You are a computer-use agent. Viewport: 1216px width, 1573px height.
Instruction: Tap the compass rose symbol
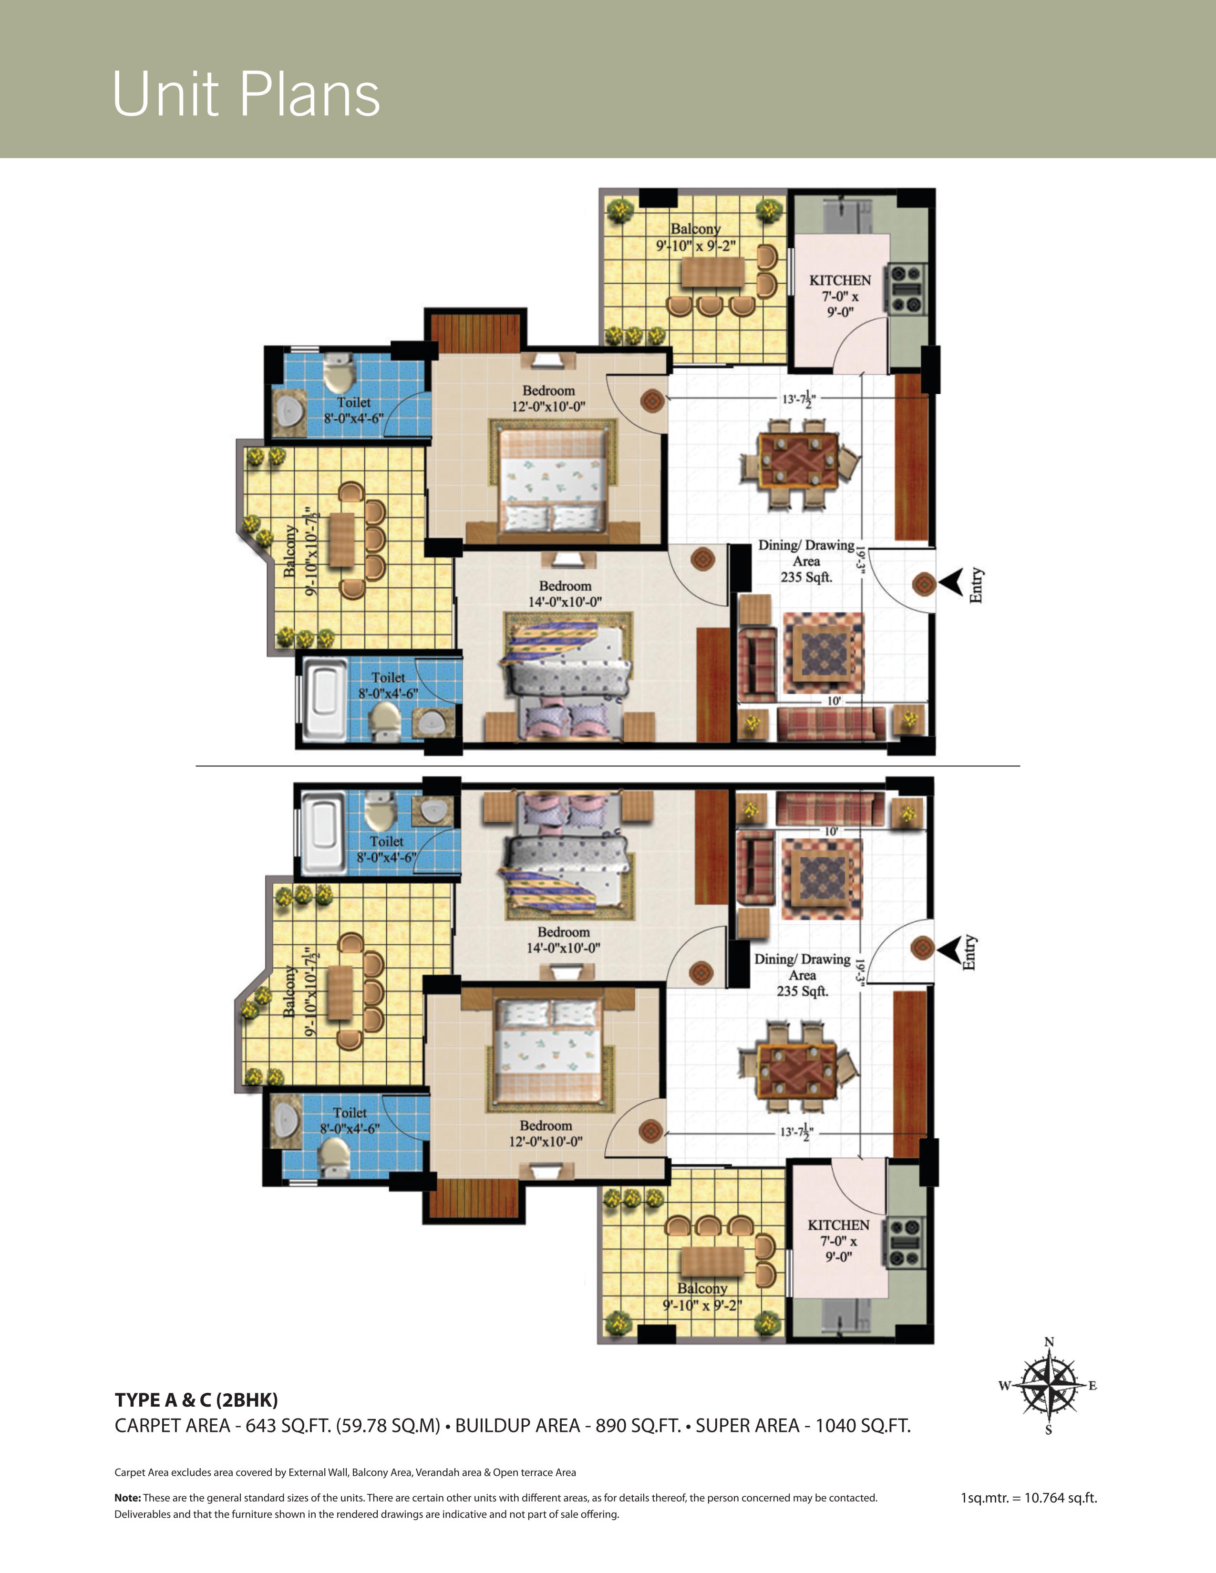(x=1049, y=1385)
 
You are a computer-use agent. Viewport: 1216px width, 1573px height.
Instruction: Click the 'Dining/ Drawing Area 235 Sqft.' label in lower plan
(x=802, y=975)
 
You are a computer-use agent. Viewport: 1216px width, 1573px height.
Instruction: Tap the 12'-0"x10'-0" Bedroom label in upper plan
(x=548, y=398)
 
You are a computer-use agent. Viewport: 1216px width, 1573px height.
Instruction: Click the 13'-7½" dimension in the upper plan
(x=799, y=398)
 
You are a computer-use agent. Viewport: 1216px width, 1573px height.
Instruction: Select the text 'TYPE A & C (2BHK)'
(x=196, y=1399)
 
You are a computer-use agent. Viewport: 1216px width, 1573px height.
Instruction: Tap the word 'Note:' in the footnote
(x=127, y=1497)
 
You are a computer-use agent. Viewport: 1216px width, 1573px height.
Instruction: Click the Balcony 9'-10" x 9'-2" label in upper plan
(x=696, y=237)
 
